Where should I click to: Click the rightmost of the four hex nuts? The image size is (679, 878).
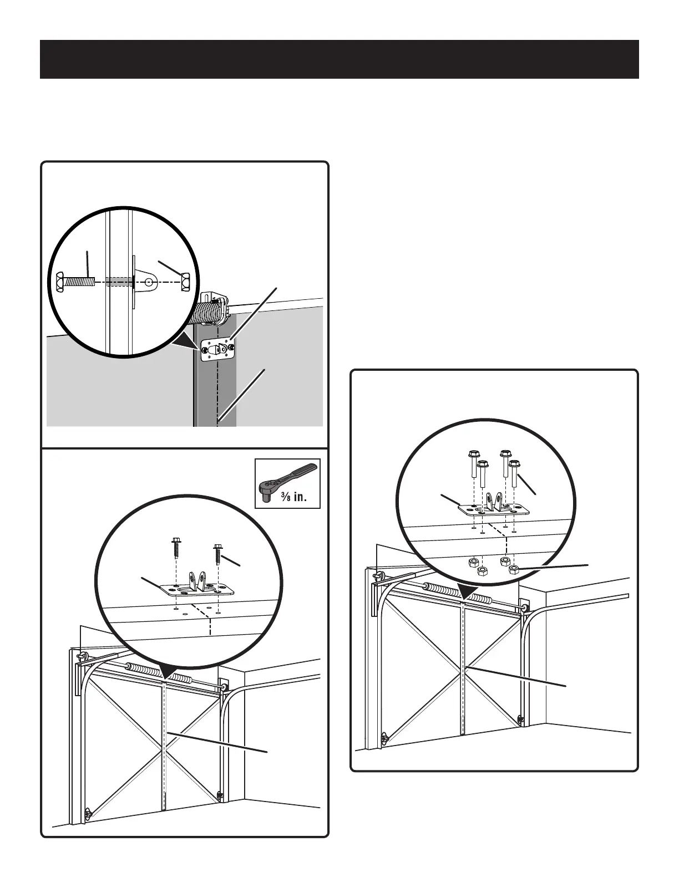tap(514, 569)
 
